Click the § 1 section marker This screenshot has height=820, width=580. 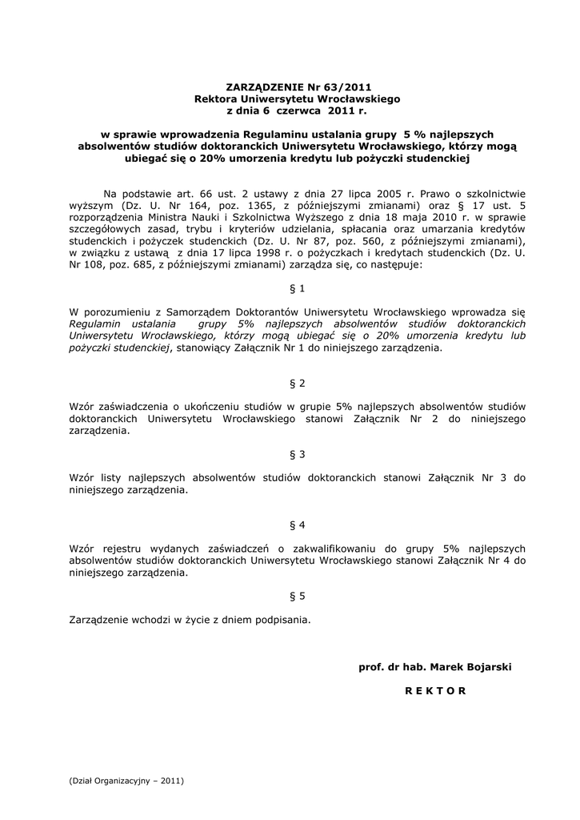(297, 287)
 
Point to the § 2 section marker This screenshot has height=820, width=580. (297, 383)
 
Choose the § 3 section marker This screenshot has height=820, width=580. (297, 455)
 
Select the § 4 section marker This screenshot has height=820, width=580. (297, 525)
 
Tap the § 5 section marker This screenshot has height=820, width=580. (297, 596)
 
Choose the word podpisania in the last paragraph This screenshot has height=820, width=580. (281, 619)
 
